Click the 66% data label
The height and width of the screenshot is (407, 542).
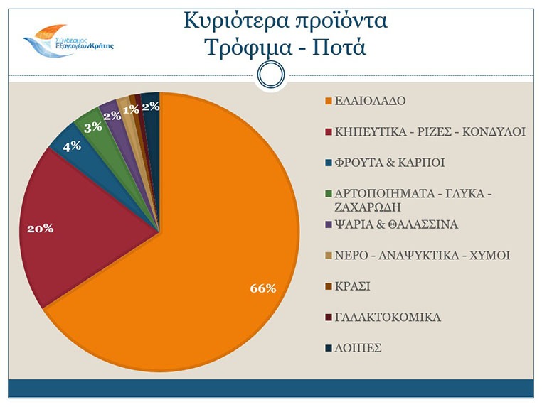point(262,288)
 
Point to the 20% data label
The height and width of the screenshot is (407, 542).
point(40,229)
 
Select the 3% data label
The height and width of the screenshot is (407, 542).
point(92,128)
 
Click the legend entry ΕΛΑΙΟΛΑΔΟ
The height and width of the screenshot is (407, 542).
point(370,100)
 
